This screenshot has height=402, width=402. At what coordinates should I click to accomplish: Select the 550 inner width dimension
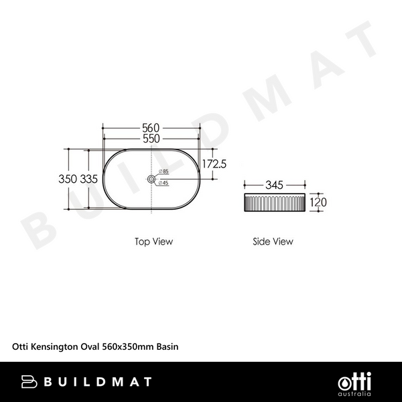coord(151,139)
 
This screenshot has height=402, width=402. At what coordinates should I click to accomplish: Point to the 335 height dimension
coord(89,179)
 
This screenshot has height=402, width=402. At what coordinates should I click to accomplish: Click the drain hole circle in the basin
coord(151,179)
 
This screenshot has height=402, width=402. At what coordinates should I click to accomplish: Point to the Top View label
coord(153,241)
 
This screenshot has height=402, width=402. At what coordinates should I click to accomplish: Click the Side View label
coord(273,241)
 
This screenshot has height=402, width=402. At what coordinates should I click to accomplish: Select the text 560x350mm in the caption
coord(128,347)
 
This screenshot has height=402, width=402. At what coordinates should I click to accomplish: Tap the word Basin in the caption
coord(167,347)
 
